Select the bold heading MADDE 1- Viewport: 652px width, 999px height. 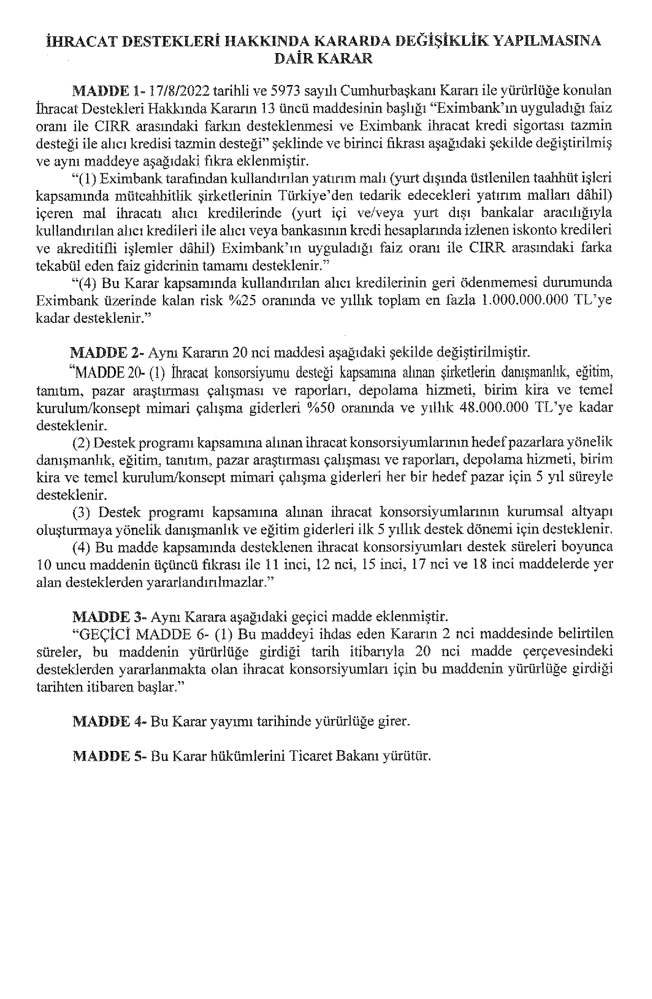click(108, 91)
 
